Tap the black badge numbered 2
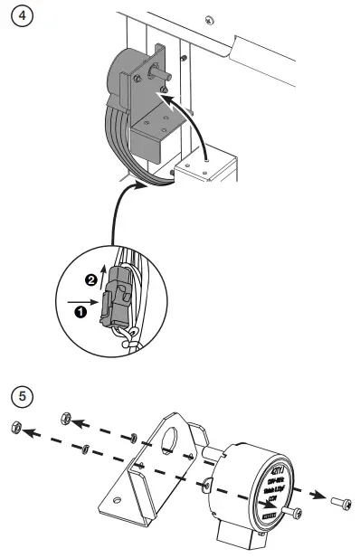coord(90,279)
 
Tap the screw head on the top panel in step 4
coord(209,20)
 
